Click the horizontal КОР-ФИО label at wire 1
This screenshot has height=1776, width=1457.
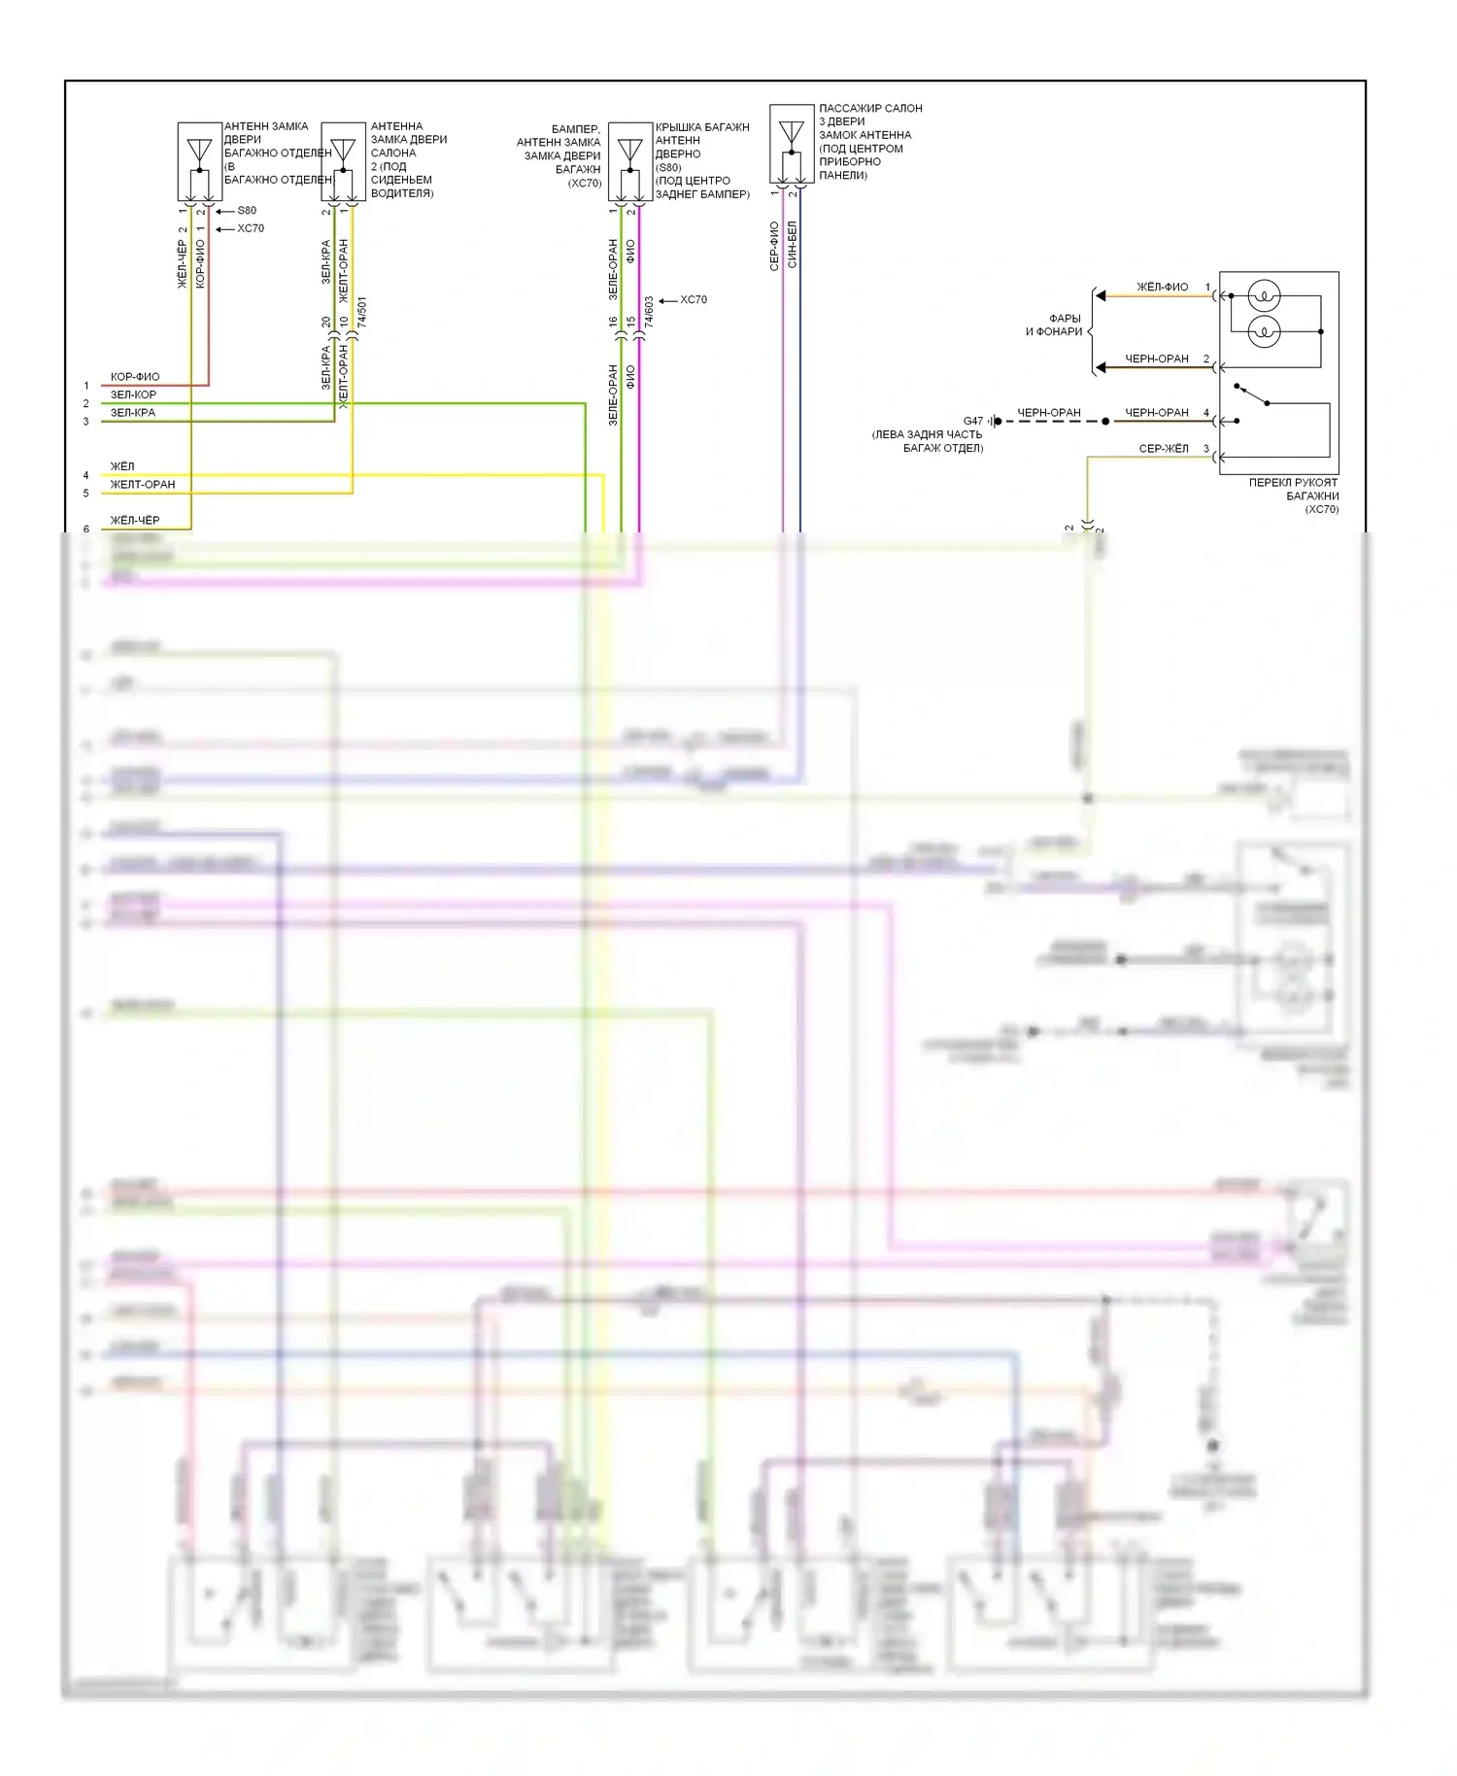click(134, 376)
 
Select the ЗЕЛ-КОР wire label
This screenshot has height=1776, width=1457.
click(133, 394)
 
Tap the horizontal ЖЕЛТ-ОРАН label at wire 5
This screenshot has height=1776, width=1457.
click(143, 484)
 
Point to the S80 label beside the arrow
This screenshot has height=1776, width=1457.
click(247, 210)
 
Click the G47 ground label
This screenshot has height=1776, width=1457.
click(972, 421)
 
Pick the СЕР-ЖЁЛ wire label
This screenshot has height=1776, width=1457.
click(1163, 448)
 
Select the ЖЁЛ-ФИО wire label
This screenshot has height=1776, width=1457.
click(1162, 287)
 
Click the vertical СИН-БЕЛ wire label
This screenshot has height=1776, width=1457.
click(792, 244)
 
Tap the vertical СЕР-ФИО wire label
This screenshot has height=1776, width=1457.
click(774, 246)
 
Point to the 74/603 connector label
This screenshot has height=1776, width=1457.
click(649, 311)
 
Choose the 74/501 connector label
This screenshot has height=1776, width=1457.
click(362, 311)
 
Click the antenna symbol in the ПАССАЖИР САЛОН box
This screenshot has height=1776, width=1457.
click(792, 131)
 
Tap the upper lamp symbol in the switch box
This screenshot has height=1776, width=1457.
click(1263, 295)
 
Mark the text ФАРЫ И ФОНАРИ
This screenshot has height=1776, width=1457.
click(1055, 324)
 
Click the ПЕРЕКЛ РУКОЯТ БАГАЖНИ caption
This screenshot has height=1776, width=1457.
click(1293, 495)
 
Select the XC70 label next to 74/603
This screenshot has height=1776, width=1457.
click(694, 299)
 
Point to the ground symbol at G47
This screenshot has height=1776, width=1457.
click(994, 421)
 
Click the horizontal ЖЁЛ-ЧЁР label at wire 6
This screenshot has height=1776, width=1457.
click(134, 520)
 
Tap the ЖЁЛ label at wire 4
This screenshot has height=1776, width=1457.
click(122, 466)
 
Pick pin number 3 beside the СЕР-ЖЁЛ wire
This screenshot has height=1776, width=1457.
click(1206, 448)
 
